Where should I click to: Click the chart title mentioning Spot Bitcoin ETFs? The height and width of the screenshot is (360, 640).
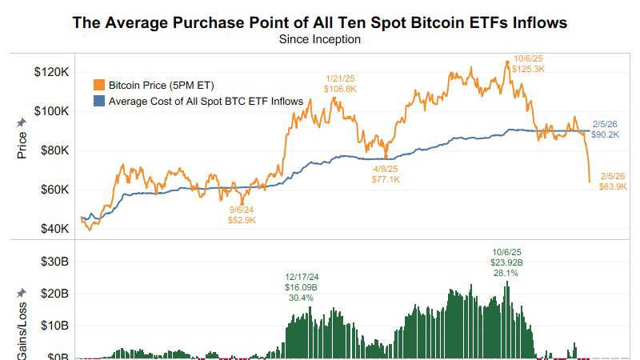click(320, 22)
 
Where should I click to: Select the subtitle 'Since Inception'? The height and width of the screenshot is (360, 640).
click(320, 38)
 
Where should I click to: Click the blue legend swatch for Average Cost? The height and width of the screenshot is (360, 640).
click(99, 102)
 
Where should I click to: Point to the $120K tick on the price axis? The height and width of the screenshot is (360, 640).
click(50, 72)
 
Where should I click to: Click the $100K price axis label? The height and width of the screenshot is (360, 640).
click(50, 111)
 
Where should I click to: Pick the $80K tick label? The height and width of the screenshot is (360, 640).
click(52, 150)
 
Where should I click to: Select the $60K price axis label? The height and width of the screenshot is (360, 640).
click(52, 190)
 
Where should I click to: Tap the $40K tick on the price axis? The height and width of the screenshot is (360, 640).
click(52, 229)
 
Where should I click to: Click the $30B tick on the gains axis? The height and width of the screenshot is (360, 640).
click(52, 262)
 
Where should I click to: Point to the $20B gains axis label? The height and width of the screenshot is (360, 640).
click(52, 294)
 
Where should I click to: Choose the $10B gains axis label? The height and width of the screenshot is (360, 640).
click(52, 326)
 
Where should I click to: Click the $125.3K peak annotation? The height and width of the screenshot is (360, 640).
click(529, 70)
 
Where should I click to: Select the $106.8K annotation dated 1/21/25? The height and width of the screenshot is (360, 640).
click(340, 89)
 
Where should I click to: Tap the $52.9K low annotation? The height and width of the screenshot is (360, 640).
click(241, 219)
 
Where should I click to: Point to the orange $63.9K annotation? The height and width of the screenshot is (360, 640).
click(613, 186)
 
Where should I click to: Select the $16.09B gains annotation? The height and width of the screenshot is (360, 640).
click(301, 287)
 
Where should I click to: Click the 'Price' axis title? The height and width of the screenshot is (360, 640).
click(22, 143)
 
